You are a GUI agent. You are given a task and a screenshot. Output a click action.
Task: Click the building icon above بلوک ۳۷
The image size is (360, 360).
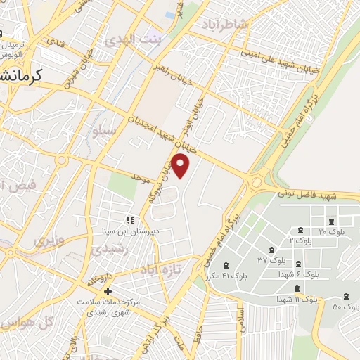tap(271, 251)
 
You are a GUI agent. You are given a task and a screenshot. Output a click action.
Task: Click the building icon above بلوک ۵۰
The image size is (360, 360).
tap(346, 297)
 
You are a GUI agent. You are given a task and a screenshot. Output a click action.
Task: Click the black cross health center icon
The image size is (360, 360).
tap(108, 291)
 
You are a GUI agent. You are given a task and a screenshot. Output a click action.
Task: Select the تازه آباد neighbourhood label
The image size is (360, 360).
tap(161, 269)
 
